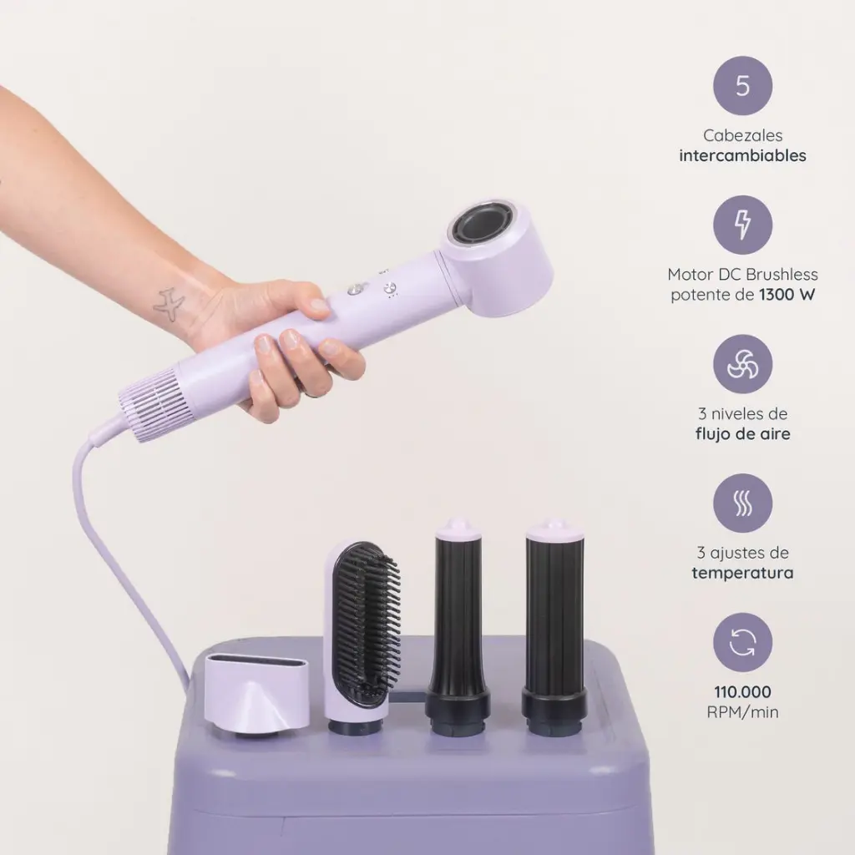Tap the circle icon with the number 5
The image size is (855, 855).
(x=742, y=86)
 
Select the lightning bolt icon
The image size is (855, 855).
(x=742, y=225)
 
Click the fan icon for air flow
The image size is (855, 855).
(x=742, y=364)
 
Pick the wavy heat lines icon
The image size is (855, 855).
(x=742, y=503)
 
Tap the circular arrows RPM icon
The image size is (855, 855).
(x=742, y=642)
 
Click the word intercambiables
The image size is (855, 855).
(x=742, y=155)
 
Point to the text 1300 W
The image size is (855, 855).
(x=787, y=295)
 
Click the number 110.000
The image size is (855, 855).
(x=742, y=692)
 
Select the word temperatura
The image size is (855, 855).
(x=742, y=573)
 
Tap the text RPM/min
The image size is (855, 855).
(x=742, y=712)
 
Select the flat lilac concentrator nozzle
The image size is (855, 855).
(x=256, y=691)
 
